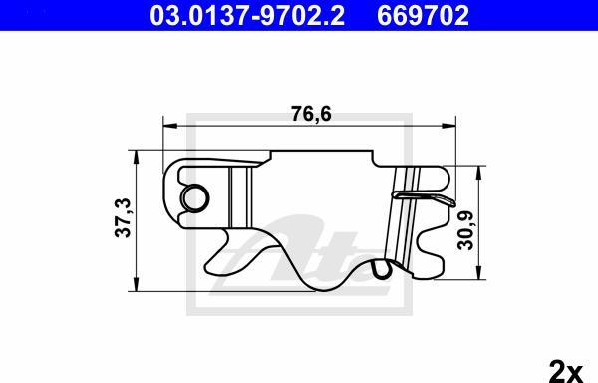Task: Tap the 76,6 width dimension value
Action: point(305,113)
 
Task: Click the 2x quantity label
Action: point(567,369)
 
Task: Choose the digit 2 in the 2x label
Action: point(559,369)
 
